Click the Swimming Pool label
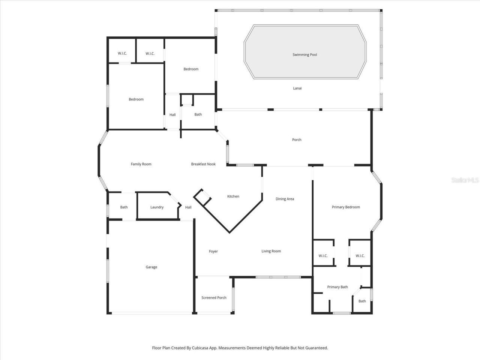(304, 55)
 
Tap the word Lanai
(297, 88)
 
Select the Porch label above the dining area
(297, 140)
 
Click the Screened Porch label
(214, 298)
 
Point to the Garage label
(151, 267)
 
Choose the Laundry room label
(157, 207)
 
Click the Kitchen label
(233, 196)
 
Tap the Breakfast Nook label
(203, 164)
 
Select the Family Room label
(141, 164)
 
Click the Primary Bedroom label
(346, 207)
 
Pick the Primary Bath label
(337, 287)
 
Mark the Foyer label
(213, 252)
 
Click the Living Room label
(271, 251)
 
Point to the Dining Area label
(285, 199)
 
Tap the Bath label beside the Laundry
(124, 207)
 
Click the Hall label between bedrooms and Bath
(172, 115)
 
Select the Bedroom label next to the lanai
(191, 69)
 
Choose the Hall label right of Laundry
(188, 207)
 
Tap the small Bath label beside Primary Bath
(362, 301)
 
